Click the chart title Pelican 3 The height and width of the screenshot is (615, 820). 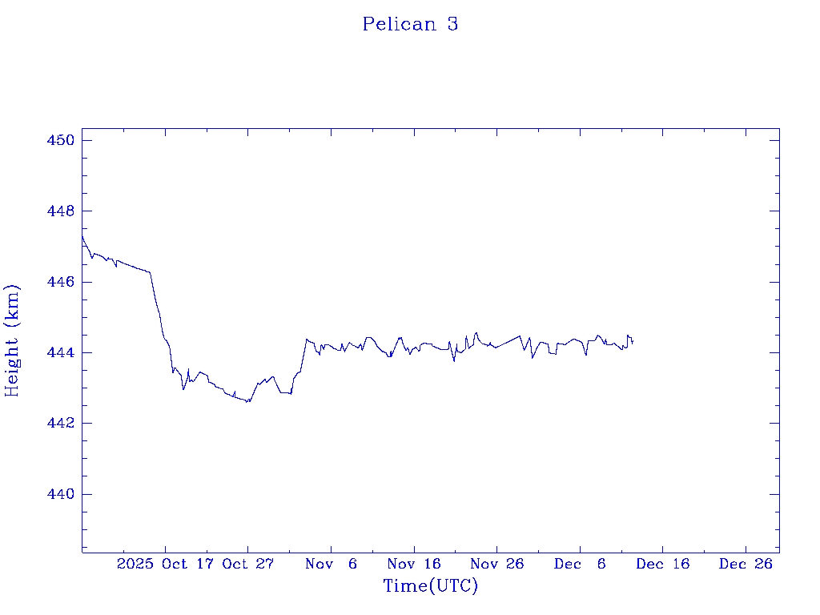pos(410,24)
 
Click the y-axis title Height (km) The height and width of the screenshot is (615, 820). pos(12,340)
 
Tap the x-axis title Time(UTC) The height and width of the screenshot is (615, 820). pos(430,586)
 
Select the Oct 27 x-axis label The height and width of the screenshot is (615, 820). pos(247,564)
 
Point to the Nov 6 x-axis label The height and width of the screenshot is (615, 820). pos(332,564)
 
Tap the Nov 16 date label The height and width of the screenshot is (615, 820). pos(414,564)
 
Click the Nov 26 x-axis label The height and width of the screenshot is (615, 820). pos(496,564)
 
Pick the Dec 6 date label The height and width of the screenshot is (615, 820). pos(581,564)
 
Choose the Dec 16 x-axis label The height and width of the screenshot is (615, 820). pos(663,564)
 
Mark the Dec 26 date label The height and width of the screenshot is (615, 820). pos(746,564)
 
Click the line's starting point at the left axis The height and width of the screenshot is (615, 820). pos(82,236)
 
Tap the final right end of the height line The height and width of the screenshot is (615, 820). pos(633,343)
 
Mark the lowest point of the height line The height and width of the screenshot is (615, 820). pos(248,402)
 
